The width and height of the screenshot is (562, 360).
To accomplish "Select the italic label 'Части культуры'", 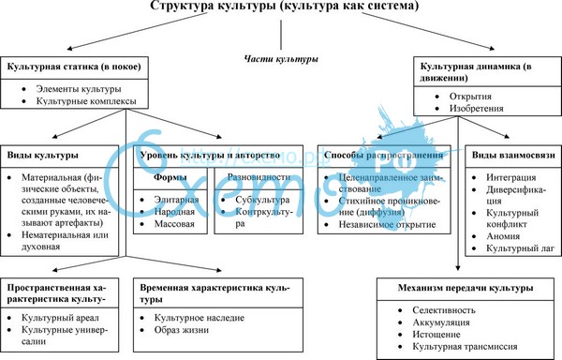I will click(x=280, y=59).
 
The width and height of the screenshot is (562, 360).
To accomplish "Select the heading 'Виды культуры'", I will click(x=42, y=154).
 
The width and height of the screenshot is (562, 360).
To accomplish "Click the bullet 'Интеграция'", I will click(x=512, y=177).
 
